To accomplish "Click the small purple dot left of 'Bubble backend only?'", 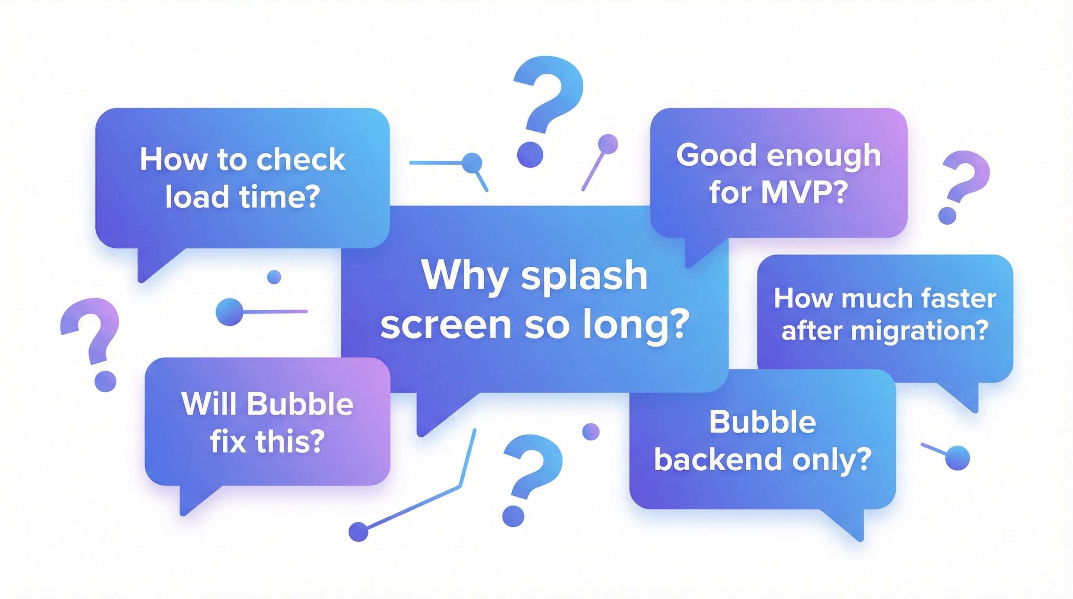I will click(x=591, y=432).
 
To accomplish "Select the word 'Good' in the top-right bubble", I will click(x=717, y=155).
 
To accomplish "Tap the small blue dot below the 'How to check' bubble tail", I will click(x=274, y=276).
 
